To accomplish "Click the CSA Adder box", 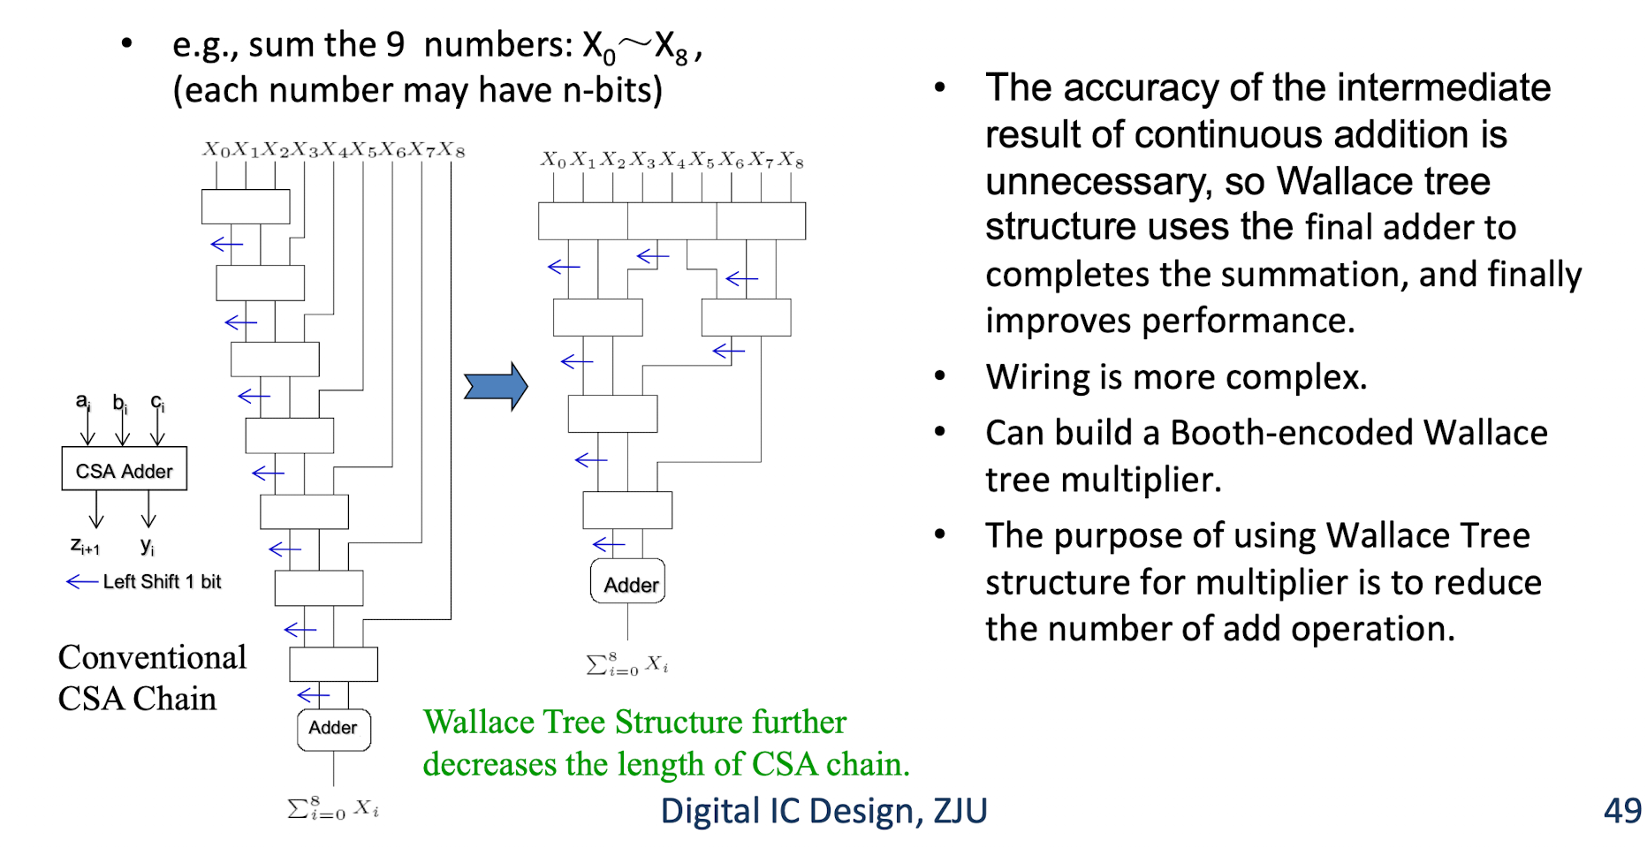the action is [x=125, y=468].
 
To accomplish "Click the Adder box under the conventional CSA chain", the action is [x=334, y=730].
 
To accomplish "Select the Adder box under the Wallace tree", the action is [x=627, y=581].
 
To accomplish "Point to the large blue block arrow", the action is [x=496, y=386].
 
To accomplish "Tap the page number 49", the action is [x=1622, y=810].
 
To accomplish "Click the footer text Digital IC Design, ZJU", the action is [x=823, y=811].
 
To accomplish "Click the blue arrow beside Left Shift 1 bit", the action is [x=82, y=581].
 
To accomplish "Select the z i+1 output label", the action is [x=85, y=546].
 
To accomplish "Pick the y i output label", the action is [x=148, y=546].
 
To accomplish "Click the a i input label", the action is [x=82, y=401].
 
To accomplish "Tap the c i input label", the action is [x=157, y=403].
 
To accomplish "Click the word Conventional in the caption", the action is [x=152, y=657].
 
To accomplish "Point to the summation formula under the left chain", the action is [x=333, y=808].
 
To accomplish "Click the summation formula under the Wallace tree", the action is [x=627, y=664].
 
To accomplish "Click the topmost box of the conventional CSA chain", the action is [x=246, y=207].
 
